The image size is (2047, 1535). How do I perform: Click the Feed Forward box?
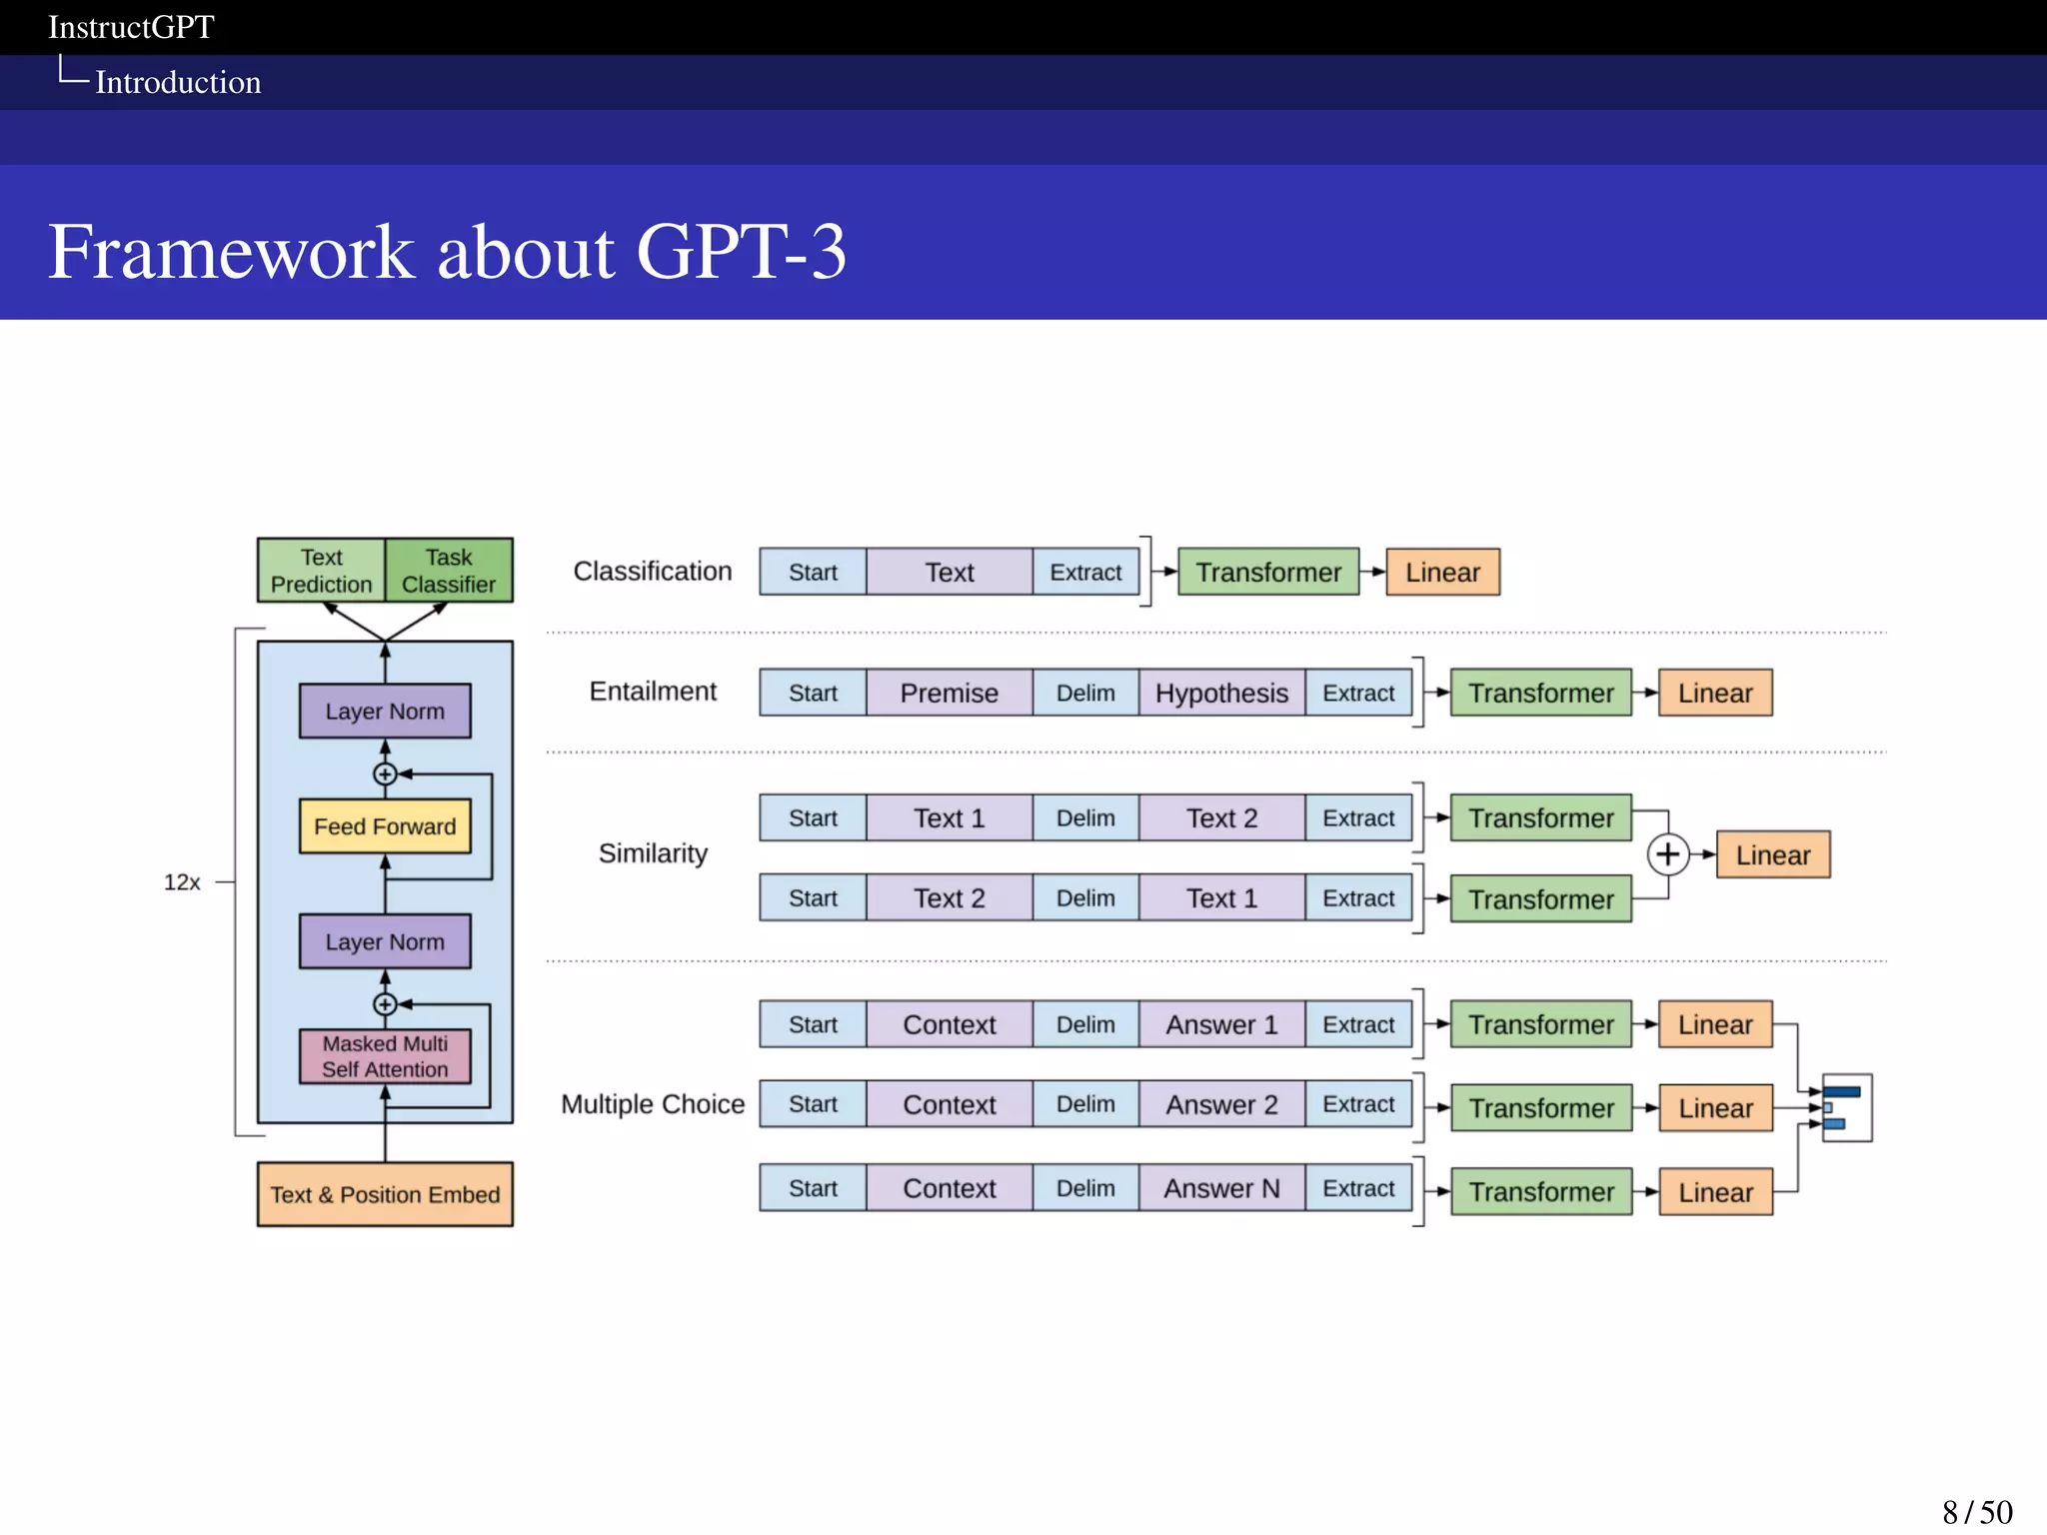pos(385,826)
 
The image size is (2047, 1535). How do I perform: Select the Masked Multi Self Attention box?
pos(385,1056)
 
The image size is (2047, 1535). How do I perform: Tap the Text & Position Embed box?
pos(385,1194)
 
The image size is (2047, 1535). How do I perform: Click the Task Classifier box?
pos(449,571)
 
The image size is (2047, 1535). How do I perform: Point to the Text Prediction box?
pos(321,571)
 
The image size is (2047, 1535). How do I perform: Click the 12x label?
pos(182,882)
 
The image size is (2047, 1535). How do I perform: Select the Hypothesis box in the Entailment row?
pos(1221,694)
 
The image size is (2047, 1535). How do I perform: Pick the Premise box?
pos(949,694)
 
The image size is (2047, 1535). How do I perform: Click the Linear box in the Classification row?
pos(1442,573)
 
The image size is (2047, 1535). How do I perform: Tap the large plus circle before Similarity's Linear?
pos(1667,854)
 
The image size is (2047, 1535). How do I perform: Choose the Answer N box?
pos(1221,1188)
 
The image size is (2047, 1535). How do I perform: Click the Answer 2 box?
pos(1221,1104)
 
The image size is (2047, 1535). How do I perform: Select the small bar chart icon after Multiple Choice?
pos(1846,1107)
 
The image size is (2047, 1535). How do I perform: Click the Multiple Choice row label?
pos(653,1104)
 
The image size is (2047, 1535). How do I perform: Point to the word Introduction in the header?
pos(178,82)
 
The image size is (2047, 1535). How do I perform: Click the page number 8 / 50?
pos(1976,1512)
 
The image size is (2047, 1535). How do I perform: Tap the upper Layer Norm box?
pos(385,712)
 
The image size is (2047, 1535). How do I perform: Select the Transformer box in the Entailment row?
pos(1540,694)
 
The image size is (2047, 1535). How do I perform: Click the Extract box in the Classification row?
pos(1085,573)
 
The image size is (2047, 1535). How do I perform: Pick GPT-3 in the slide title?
pos(741,252)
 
